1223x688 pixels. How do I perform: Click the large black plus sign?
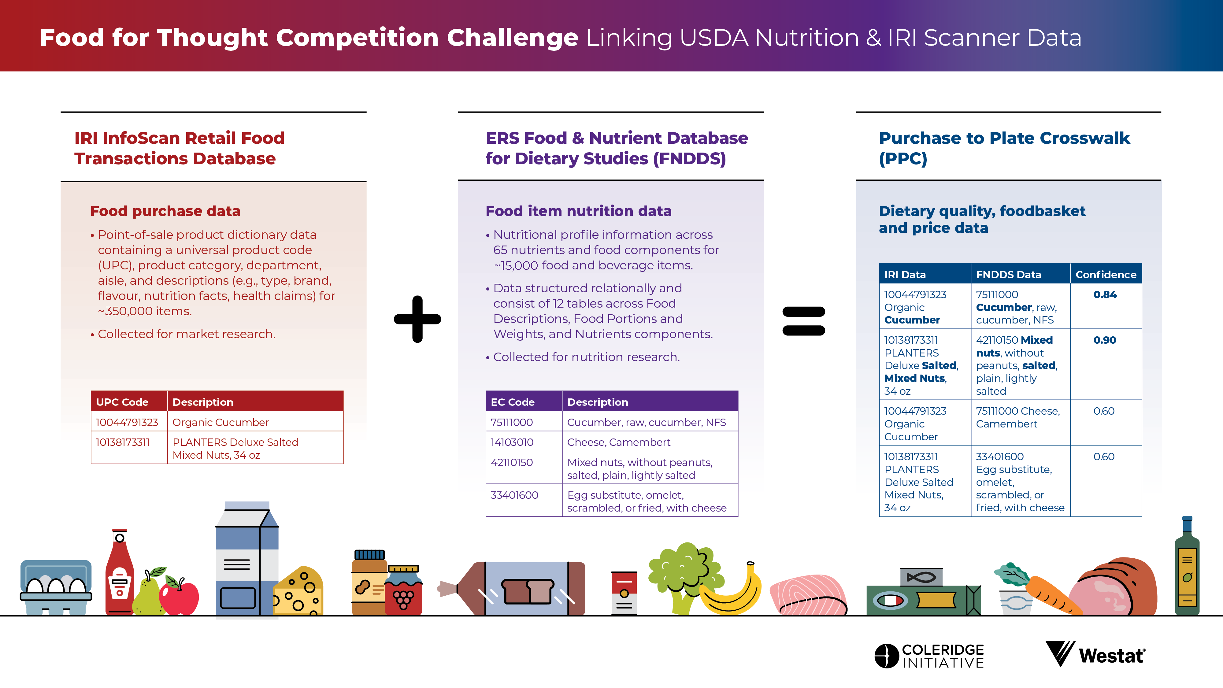417,319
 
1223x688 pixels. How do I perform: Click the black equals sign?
804,321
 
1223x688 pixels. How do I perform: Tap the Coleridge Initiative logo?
929,656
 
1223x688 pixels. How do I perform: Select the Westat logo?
1095,654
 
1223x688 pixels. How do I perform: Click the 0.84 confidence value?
1105,294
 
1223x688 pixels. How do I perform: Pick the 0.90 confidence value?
1105,340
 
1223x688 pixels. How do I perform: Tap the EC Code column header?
513,402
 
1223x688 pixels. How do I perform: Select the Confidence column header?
1106,275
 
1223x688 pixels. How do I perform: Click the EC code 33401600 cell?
514,495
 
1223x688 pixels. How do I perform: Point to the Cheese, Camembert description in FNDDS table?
619,442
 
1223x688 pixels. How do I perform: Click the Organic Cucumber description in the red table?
220,422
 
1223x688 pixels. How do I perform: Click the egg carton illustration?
56,587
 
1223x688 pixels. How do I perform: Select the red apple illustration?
179,596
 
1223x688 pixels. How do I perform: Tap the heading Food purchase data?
165,211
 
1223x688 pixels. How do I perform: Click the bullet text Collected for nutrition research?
586,357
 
